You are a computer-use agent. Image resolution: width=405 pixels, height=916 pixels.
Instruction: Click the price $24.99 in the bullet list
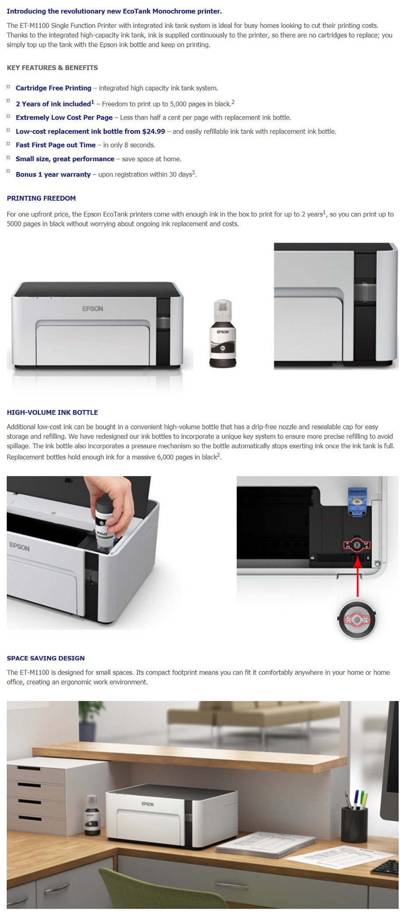coord(153,131)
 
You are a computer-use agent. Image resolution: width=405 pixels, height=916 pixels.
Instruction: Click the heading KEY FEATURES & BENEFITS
coord(52,68)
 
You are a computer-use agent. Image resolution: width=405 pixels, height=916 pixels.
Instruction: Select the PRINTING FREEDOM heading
coord(41,198)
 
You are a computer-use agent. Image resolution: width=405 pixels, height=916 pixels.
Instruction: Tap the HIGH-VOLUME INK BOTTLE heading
coord(52,412)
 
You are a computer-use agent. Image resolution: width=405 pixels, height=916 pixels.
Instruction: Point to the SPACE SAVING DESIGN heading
coord(46,658)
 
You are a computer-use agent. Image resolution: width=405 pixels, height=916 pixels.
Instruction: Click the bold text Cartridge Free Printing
coord(53,88)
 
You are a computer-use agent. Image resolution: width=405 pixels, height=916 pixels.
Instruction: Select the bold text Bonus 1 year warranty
coord(53,174)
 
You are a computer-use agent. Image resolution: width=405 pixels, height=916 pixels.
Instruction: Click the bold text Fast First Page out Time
coord(56,145)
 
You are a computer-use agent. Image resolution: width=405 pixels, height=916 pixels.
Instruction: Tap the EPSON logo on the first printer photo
coord(92,309)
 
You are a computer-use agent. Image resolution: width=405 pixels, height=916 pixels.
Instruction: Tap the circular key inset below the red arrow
coord(356,620)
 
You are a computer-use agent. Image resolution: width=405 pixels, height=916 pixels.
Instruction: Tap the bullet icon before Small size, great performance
coord(8,158)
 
